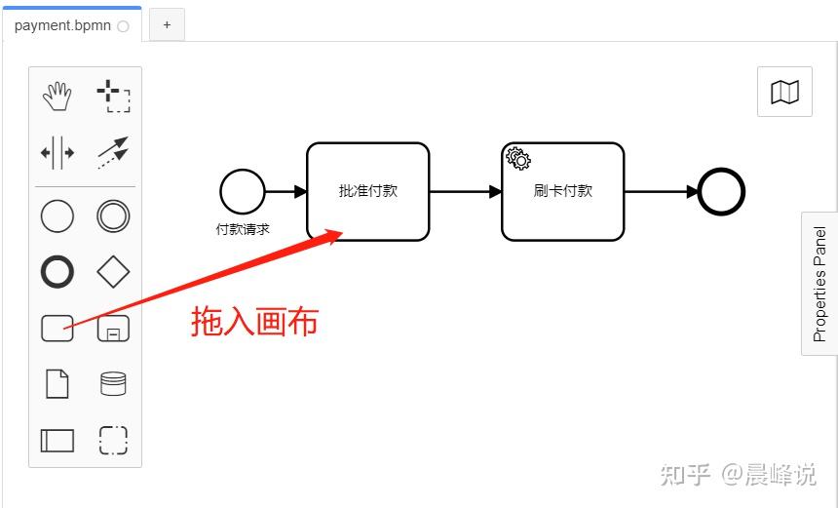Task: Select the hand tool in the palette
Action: click(x=57, y=96)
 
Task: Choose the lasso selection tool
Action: click(x=113, y=97)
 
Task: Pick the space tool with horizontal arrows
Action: click(x=57, y=152)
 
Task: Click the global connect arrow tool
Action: click(x=113, y=152)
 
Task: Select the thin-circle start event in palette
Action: click(x=57, y=215)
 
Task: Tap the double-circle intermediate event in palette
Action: click(x=113, y=215)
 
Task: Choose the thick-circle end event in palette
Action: click(x=57, y=272)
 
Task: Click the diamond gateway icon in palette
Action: click(x=113, y=272)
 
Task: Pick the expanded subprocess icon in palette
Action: click(x=113, y=329)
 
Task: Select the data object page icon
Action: click(x=57, y=383)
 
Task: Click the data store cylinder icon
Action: click(x=113, y=383)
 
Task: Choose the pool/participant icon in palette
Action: click(x=57, y=440)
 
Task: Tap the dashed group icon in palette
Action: click(x=113, y=440)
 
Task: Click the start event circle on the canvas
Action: click(x=242, y=191)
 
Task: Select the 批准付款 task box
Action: click(x=368, y=191)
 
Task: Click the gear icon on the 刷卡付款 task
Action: click(x=517, y=158)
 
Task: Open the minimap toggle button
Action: click(x=784, y=92)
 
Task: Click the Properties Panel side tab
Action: click(x=819, y=284)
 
